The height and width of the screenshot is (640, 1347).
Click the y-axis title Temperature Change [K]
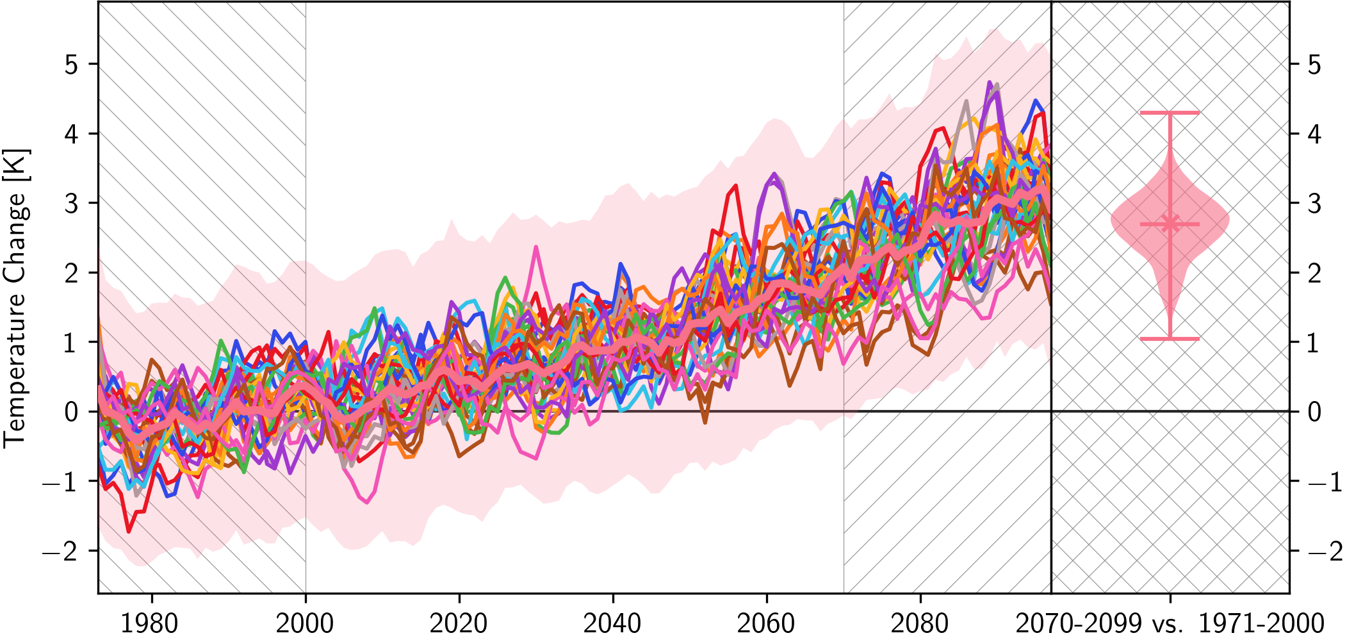point(16,298)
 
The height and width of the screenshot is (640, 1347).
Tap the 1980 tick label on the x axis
point(150,623)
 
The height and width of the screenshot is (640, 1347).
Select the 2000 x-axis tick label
point(304,623)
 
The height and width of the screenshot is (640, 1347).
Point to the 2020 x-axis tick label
point(459,623)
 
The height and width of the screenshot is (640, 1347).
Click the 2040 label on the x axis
point(612,623)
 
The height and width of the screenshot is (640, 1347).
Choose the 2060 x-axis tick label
point(766,623)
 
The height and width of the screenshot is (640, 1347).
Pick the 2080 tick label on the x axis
point(920,623)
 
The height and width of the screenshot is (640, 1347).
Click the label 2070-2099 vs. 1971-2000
point(1170,623)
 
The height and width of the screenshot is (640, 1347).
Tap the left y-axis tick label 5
point(72,65)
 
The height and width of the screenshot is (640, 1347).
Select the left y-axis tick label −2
point(61,551)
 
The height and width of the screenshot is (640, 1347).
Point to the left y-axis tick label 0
point(72,412)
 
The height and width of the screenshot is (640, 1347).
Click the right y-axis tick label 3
point(1314,204)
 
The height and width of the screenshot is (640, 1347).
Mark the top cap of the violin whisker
point(1170,113)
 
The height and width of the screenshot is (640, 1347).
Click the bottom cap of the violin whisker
point(1170,338)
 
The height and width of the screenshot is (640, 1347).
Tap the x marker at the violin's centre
point(1170,224)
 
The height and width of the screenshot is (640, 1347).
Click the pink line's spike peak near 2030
point(535,247)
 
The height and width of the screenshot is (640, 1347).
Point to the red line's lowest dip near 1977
point(129,531)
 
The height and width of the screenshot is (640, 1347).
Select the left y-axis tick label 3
point(72,204)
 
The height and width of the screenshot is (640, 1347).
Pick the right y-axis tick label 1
point(1314,343)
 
